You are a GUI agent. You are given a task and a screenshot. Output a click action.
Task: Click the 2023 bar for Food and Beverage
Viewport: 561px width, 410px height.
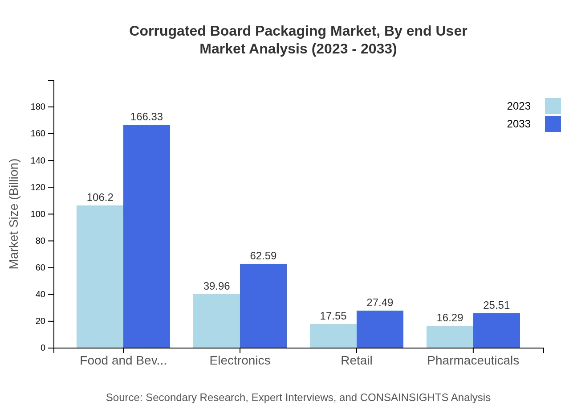click(x=100, y=276)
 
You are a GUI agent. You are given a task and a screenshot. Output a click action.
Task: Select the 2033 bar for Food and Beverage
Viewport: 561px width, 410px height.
click(x=146, y=236)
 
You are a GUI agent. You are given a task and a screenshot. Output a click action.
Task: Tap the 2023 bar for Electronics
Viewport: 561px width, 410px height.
click(x=216, y=321)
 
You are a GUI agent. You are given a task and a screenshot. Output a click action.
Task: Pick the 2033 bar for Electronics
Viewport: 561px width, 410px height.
click(x=263, y=306)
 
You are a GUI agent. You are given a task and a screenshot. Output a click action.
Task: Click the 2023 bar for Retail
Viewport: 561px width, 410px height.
click(x=333, y=336)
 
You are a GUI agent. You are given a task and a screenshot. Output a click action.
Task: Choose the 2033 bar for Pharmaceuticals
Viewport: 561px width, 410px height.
click(x=496, y=330)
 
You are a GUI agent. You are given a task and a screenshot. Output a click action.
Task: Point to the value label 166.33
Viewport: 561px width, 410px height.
click(x=146, y=117)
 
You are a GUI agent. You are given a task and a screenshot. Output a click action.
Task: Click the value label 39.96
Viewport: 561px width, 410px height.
click(x=216, y=286)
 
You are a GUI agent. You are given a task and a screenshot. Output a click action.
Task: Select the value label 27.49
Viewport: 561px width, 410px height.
click(x=380, y=303)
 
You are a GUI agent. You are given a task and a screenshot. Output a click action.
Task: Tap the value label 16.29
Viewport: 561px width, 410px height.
click(x=450, y=318)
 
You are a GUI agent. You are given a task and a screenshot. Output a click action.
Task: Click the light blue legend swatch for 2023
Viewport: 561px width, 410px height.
click(x=553, y=106)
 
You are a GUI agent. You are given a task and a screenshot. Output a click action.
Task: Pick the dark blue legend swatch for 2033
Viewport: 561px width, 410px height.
click(x=553, y=124)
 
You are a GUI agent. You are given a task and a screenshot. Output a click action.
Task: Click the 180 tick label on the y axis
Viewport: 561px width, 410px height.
click(x=38, y=107)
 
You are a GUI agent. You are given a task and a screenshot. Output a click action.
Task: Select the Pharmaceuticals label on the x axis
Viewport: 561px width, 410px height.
click(x=473, y=361)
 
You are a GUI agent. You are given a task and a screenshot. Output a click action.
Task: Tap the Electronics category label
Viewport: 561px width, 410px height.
click(x=240, y=361)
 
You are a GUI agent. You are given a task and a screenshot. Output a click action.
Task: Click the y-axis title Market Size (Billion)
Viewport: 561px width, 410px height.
click(x=14, y=214)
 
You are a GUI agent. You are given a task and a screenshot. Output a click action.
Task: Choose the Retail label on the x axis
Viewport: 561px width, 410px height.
click(x=356, y=361)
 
